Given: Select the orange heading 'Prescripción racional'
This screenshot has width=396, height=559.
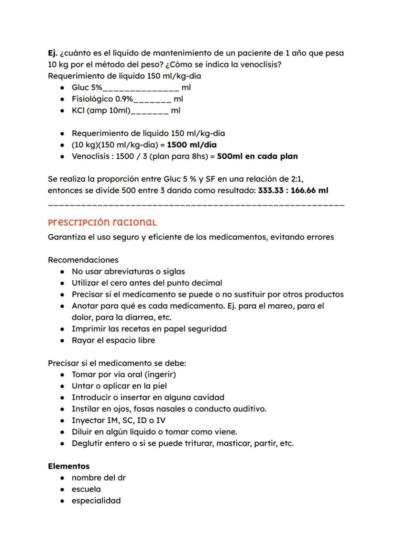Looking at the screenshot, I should click(102, 222).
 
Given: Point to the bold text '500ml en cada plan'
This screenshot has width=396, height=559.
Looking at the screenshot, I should click(257, 156).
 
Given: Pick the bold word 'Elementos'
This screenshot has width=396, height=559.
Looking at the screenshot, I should click(68, 466).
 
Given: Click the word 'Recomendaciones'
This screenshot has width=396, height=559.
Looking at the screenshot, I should click(83, 260).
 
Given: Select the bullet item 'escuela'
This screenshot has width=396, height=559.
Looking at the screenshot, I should click(86, 489).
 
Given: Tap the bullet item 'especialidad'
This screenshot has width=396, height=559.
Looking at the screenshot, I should click(96, 501).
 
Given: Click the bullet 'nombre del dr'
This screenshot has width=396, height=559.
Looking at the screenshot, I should click(99, 478).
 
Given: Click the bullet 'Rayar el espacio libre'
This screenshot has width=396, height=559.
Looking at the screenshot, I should click(113, 340).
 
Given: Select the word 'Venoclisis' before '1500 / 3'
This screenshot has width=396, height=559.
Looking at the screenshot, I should click(91, 156).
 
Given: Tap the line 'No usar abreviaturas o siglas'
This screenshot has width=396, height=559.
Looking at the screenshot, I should click(128, 272).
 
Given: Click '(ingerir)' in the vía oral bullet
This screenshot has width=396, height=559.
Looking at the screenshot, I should click(160, 374).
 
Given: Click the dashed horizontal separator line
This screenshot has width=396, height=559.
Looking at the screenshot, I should click(196, 205).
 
